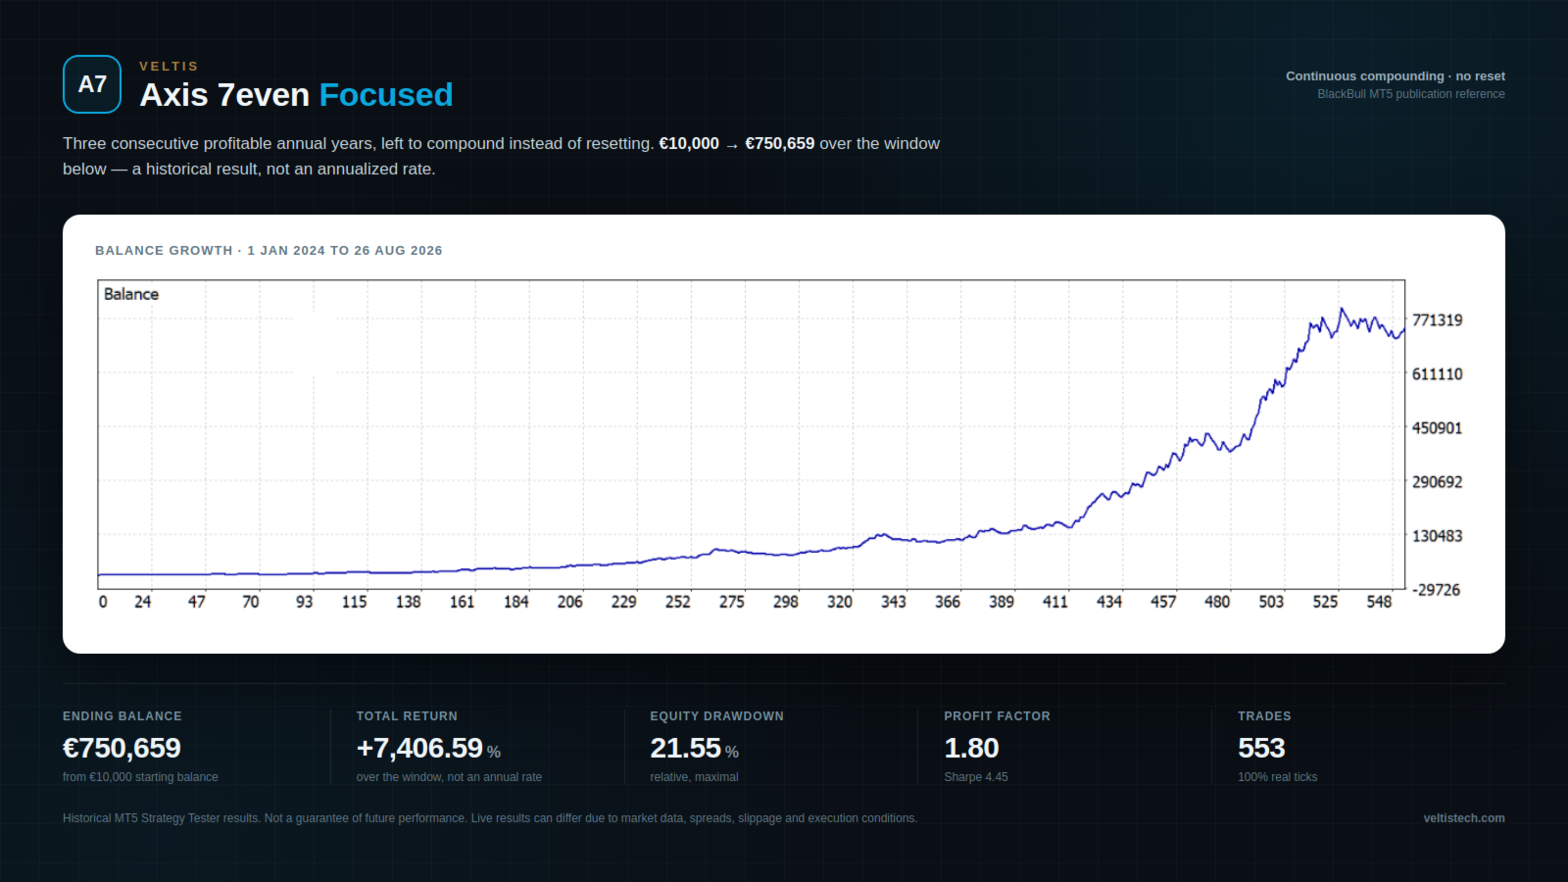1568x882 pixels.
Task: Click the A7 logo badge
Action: [x=92, y=84]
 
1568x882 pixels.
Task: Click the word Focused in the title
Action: [x=386, y=95]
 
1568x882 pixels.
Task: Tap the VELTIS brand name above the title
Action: [x=169, y=67]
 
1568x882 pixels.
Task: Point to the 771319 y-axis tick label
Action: [x=1437, y=320]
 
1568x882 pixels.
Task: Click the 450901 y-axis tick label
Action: [x=1437, y=428]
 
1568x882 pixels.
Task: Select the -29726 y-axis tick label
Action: [x=1437, y=590]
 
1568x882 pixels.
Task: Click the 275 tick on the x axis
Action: [x=731, y=602]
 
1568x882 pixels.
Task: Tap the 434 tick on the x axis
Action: [x=1108, y=602]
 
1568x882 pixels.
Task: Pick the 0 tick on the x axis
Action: [x=103, y=602]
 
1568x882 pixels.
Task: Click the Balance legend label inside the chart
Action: [x=131, y=294]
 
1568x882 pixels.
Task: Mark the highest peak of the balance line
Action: [x=1342, y=309]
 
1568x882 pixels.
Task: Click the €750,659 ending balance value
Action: [x=122, y=748]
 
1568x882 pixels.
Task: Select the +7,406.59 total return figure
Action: [x=419, y=748]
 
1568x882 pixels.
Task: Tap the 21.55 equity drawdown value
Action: [x=685, y=748]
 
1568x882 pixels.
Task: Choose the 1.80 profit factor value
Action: [x=971, y=748]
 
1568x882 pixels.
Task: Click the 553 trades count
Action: [x=1261, y=748]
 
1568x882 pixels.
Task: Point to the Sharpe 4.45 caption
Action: [x=976, y=777]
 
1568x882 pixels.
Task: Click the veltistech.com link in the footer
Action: [x=1464, y=818]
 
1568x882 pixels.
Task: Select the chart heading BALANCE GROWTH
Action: [x=164, y=251]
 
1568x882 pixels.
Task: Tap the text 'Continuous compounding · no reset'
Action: [x=1396, y=76]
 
